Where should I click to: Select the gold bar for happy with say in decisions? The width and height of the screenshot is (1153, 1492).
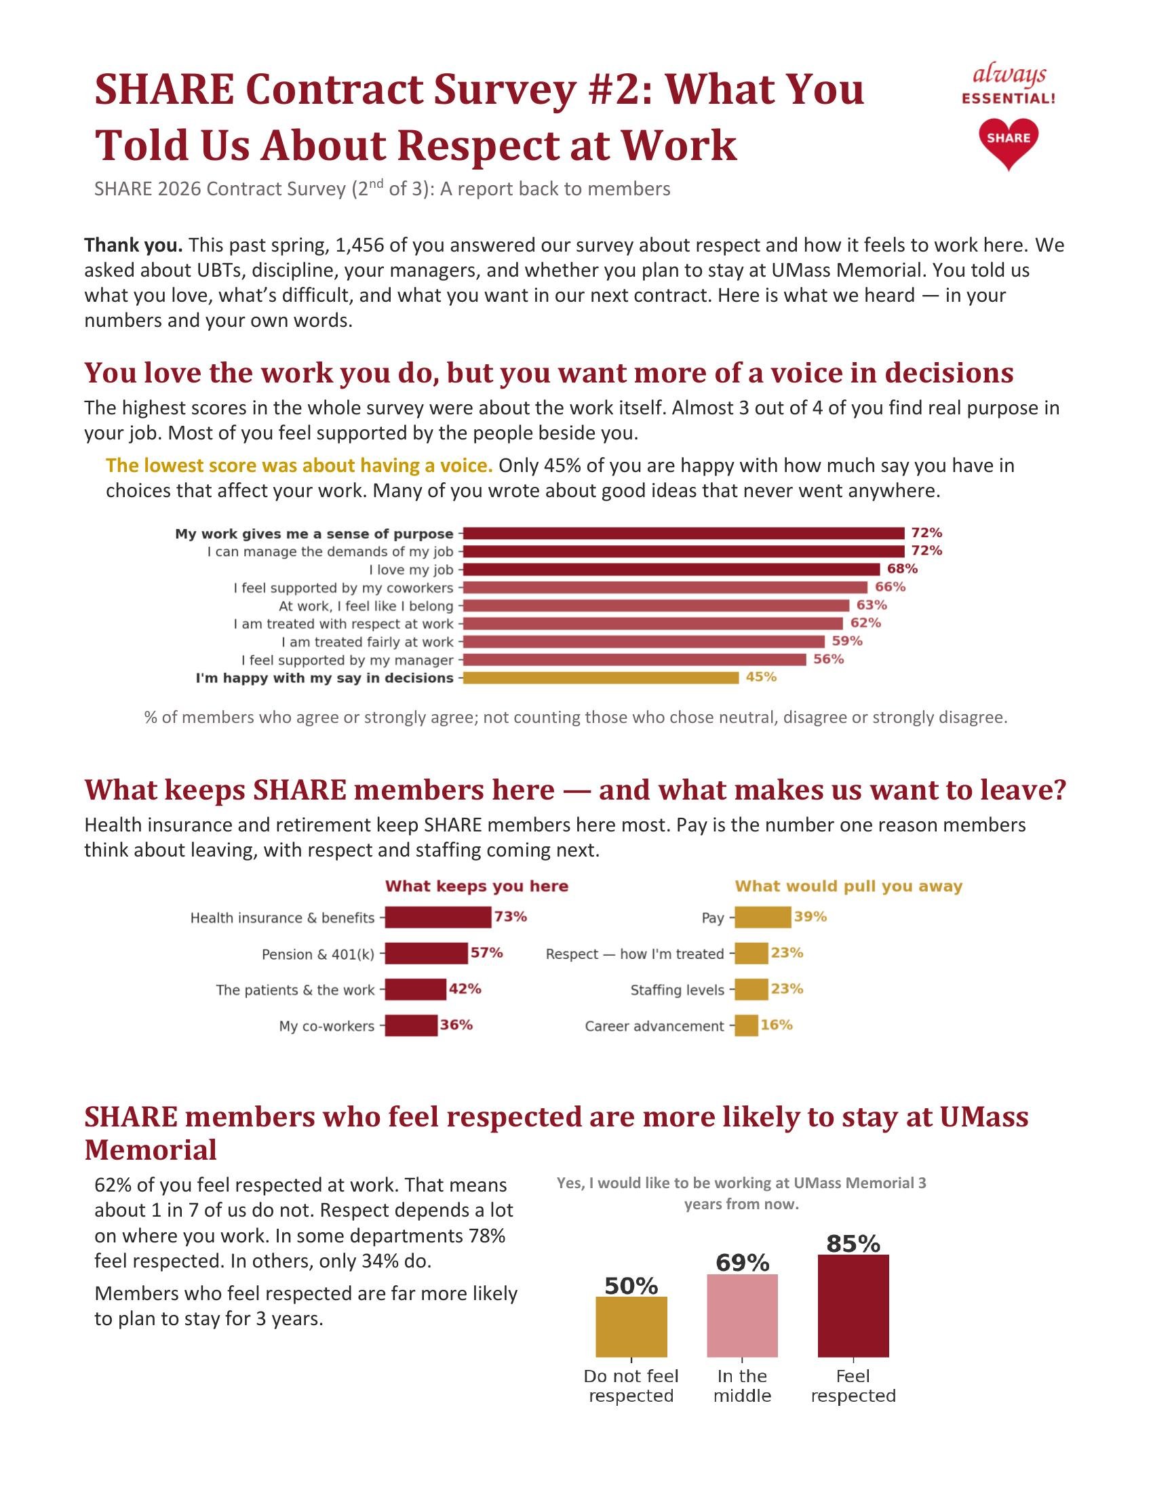[600, 678]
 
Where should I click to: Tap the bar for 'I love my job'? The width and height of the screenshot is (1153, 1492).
[671, 570]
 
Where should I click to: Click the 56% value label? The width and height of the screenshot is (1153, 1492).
[828, 659]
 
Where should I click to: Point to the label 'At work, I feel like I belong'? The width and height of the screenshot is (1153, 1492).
[366, 606]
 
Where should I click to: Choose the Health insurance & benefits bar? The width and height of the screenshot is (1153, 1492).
[438, 918]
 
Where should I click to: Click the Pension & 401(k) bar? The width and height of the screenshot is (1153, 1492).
[426, 953]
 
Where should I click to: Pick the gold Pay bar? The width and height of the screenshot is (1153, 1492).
[763, 918]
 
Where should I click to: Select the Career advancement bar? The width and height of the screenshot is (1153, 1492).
[747, 1025]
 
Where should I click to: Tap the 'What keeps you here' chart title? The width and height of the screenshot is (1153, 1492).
[477, 886]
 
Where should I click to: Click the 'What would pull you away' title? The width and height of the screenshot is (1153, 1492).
[848, 886]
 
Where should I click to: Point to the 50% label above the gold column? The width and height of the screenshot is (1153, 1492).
[631, 1286]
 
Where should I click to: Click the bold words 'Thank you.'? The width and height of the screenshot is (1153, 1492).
[133, 245]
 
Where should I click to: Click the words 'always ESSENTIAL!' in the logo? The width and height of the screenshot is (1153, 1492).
[1008, 85]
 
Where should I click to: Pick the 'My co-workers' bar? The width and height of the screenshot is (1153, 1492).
[411, 1025]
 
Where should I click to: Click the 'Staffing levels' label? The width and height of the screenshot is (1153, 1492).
[677, 990]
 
